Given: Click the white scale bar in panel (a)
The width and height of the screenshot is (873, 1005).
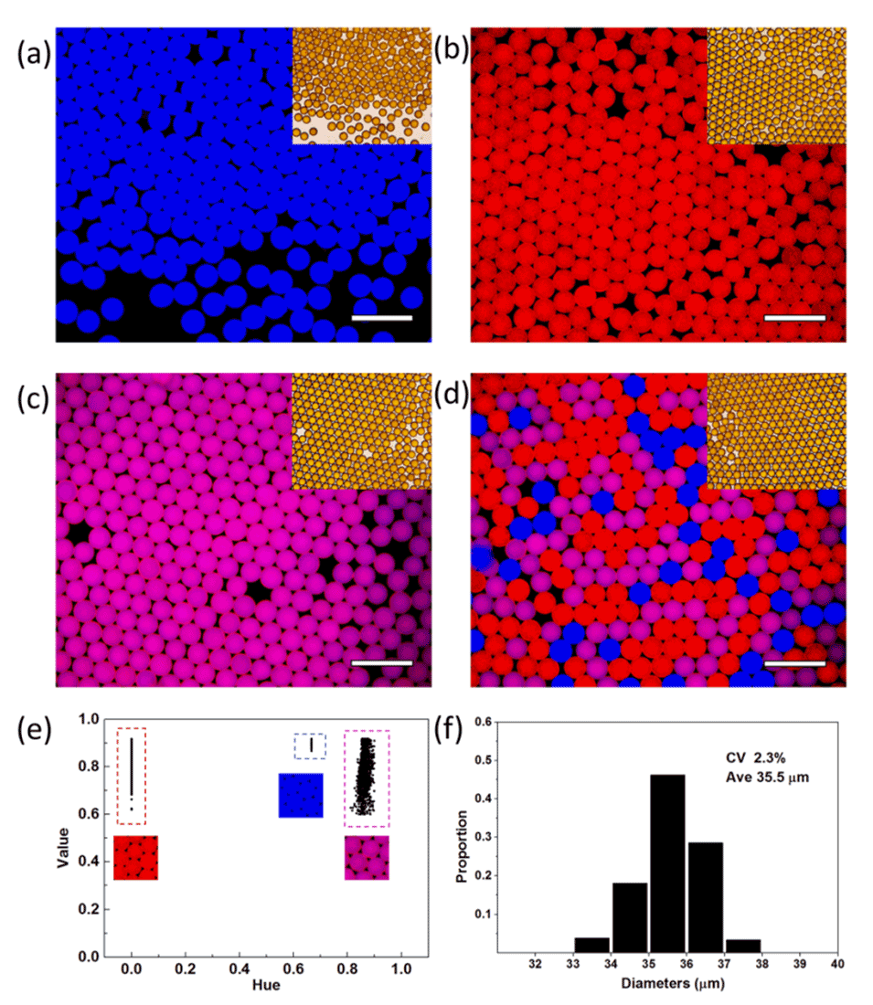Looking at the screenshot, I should click(382, 318).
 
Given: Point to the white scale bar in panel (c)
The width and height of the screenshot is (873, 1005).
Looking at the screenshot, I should click(382, 662).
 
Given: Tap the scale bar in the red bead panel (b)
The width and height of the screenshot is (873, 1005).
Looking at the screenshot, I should click(794, 318).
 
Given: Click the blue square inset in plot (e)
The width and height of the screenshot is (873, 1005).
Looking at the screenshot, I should click(301, 795).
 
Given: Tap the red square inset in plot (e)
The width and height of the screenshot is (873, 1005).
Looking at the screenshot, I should click(136, 857).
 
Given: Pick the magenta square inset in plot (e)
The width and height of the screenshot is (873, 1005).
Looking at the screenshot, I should click(367, 857).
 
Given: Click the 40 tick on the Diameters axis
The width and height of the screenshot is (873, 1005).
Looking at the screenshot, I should click(836, 965).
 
